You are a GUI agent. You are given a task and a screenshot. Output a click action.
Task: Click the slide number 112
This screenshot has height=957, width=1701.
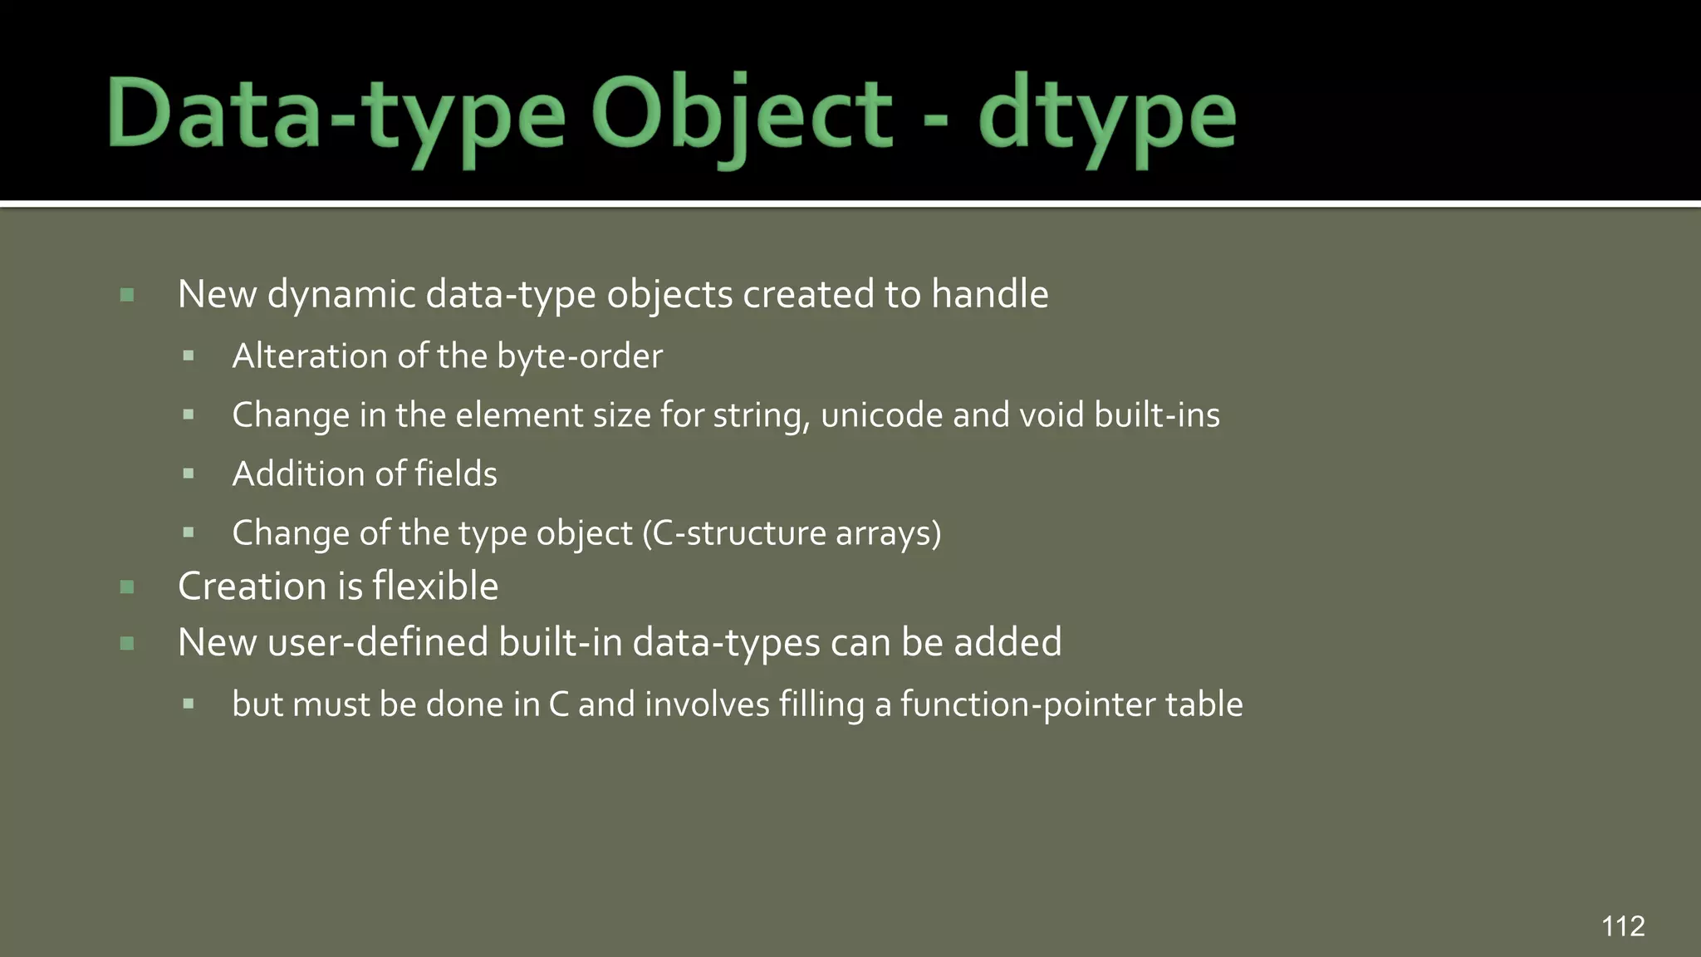[x=1623, y=925]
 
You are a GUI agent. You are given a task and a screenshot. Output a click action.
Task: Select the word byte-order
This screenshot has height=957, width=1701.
[x=579, y=356]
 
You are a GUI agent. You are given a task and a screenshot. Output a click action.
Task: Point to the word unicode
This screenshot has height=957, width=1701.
[x=881, y=415]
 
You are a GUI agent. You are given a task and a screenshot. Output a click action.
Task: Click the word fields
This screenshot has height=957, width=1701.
[x=455, y=474]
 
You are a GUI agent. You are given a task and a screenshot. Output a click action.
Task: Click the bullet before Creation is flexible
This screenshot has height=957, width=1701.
[x=127, y=587]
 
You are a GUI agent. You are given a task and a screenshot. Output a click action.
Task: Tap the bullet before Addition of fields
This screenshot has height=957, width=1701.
[x=189, y=474]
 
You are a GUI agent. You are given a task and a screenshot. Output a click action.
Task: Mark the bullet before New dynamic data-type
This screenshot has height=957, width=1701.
[x=127, y=295]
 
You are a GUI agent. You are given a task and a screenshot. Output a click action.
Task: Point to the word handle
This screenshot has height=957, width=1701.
[x=989, y=294]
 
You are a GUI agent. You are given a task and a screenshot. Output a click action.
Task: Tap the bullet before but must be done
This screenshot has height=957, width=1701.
[x=189, y=704]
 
